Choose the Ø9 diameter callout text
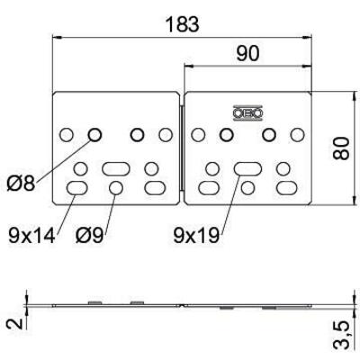tap(94, 236)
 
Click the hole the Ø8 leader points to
tap(94, 135)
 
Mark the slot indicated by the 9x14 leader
tap(76, 187)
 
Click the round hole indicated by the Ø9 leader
tap(115, 187)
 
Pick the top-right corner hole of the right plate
tap(296, 135)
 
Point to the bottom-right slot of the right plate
tap(286, 187)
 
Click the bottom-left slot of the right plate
tap(206, 187)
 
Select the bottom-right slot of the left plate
tap(155, 187)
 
